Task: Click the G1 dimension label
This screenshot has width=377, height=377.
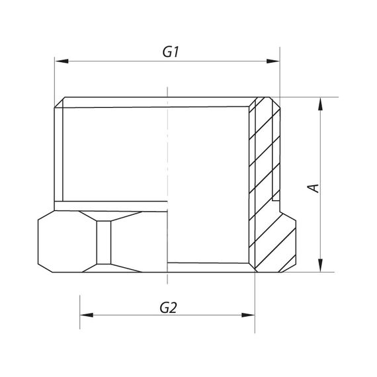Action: point(171,52)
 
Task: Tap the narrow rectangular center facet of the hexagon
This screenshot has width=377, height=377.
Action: point(104,241)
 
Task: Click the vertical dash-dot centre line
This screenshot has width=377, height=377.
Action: point(168,165)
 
